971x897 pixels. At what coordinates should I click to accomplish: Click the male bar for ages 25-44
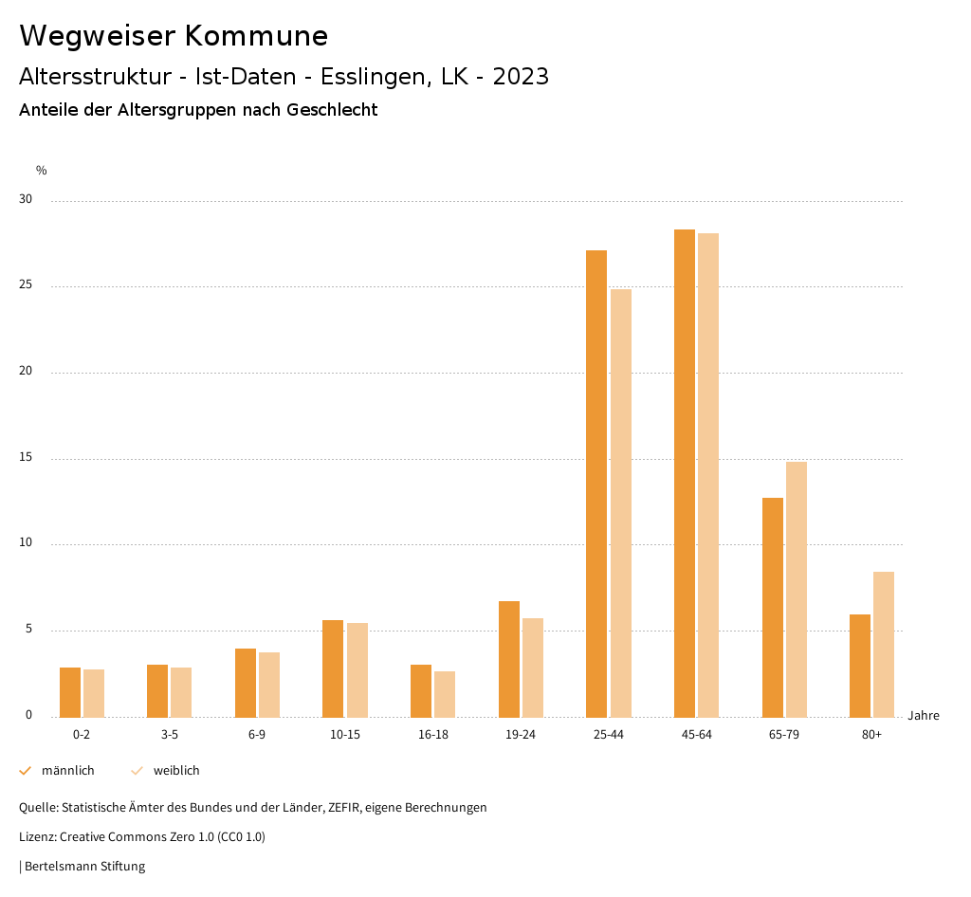pos(596,484)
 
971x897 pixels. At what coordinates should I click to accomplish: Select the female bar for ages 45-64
pos(708,475)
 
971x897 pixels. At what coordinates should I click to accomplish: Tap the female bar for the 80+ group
pos(884,645)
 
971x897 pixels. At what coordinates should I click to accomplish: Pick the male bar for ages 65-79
pos(773,608)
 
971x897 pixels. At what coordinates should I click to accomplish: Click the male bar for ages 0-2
pos(70,692)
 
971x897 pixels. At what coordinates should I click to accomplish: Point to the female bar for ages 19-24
pos(533,668)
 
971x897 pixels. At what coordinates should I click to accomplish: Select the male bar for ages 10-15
pos(333,668)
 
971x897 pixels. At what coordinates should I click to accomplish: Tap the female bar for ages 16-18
pos(445,694)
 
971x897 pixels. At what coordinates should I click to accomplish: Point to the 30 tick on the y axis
pos(26,200)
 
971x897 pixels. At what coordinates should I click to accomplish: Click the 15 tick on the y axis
pos(26,458)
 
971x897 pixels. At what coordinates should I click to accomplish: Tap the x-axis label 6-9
pos(257,735)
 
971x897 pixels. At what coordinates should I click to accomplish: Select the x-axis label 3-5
pos(170,735)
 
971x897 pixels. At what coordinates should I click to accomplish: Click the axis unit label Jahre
pos(924,716)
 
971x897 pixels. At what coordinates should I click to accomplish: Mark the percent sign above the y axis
pos(42,171)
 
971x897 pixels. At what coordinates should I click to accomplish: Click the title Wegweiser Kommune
pos(174,36)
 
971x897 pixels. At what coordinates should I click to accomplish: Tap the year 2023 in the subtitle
pos(521,77)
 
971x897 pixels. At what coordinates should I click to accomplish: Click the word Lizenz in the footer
pos(37,837)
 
